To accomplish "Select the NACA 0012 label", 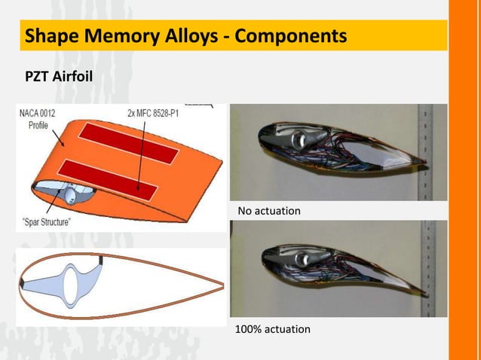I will click(x=37, y=114).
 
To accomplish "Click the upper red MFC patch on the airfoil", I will click(x=130, y=145).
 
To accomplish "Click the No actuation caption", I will click(x=268, y=211).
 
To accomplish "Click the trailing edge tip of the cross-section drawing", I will click(x=222, y=284).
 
